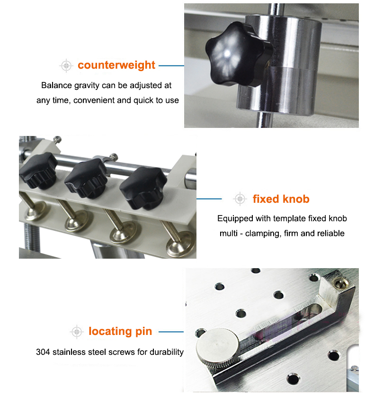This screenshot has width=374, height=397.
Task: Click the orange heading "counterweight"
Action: (x=116, y=65)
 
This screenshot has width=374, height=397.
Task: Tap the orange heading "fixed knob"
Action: (x=281, y=199)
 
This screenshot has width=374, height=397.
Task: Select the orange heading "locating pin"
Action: (x=120, y=332)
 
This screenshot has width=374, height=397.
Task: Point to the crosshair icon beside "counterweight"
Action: (x=66, y=66)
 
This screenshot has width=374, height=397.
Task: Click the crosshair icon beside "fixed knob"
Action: (x=240, y=199)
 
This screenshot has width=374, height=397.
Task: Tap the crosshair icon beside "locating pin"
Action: (x=77, y=332)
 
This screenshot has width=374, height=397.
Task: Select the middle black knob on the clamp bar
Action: (x=86, y=178)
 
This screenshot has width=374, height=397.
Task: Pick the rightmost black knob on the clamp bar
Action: (x=143, y=187)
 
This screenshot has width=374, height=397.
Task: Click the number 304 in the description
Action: (x=43, y=352)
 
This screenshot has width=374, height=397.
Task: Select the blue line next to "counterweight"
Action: (x=171, y=65)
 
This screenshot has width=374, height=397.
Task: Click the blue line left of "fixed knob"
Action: (x=209, y=199)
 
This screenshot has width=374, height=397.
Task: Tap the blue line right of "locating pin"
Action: (x=171, y=332)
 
